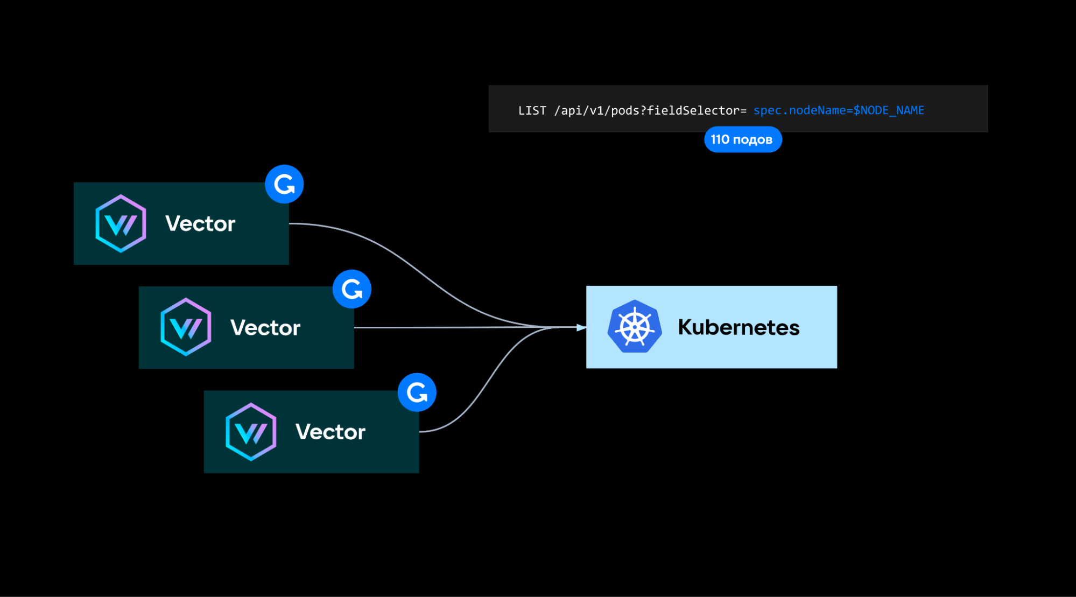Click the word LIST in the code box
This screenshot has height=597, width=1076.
point(532,111)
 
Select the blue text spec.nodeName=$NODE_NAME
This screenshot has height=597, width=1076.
point(838,110)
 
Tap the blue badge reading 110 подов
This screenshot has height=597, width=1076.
point(742,139)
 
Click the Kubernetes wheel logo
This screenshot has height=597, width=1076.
point(634,327)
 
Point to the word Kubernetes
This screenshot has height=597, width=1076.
point(738,327)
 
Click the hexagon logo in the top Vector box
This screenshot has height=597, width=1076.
point(121,223)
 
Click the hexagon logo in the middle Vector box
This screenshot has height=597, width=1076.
point(186,327)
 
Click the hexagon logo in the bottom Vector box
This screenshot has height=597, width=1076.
point(251,432)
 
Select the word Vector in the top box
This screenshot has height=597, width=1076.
point(200,224)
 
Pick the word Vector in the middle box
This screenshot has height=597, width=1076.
point(265,328)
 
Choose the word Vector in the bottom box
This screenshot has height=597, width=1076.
point(330,432)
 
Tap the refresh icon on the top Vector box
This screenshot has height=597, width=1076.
point(284,184)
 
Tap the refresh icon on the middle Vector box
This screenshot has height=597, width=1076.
point(352,289)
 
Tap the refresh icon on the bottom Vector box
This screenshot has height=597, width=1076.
point(417,392)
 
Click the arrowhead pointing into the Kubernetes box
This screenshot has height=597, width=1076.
point(581,327)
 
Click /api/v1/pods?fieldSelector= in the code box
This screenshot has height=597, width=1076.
point(650,111)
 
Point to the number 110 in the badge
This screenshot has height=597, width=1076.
point(720,139)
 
